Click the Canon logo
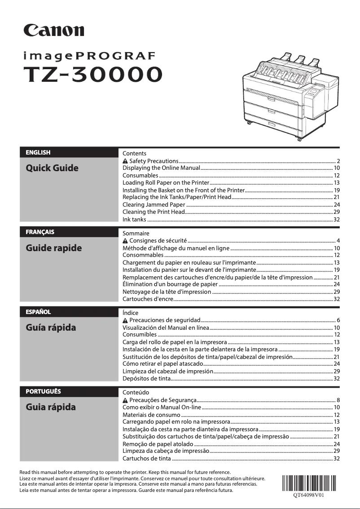tap(54, 30)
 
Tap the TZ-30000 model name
tap(93, 74)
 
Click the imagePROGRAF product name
tap(90, 56)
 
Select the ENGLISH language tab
tap(38, 152)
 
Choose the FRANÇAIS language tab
tap(40, 232)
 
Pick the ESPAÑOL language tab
tap(38, 311)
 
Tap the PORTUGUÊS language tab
tap(43, 391)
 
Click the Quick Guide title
tap(52, 168)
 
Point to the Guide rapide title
tap(54, 248)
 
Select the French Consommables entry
tap(143, 255)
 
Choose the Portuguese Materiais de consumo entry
tap(151, 415)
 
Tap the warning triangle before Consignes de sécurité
tap(125, 241)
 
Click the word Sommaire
tap(136, 234)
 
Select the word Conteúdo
tap(136, 393)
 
